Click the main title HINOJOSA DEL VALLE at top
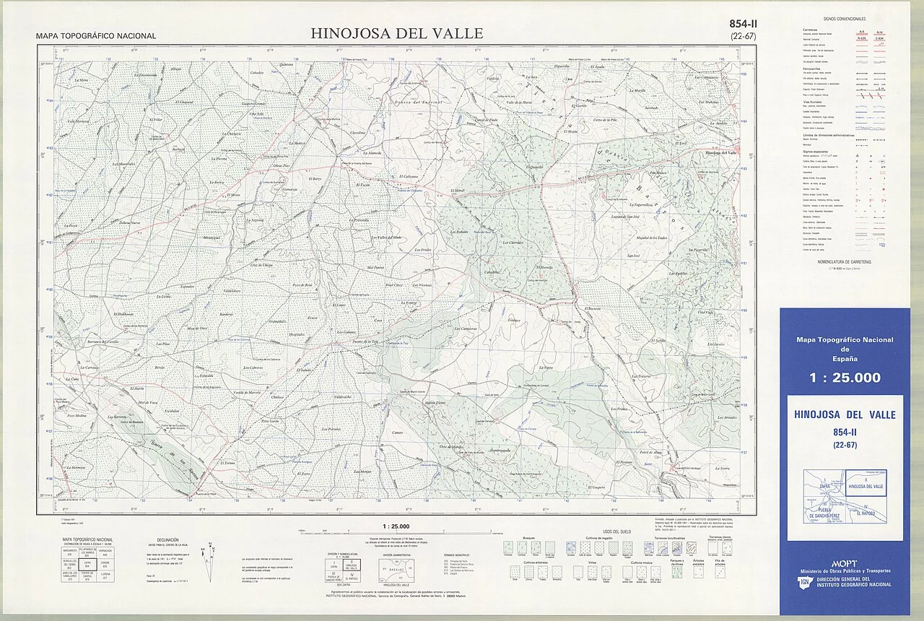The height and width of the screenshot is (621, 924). click(x=397, y=33)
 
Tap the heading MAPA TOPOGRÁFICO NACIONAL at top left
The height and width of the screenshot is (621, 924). click(x=96, y=36)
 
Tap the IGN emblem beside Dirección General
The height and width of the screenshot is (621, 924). click(x=803, y=583)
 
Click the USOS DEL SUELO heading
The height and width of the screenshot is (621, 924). click(x=615, y=531)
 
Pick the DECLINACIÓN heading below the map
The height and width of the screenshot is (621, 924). click(x=167, y=539)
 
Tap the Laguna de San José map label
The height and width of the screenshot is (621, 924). click(x=626, y=216)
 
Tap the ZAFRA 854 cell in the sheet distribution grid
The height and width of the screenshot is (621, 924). click(x=88, y=566)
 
